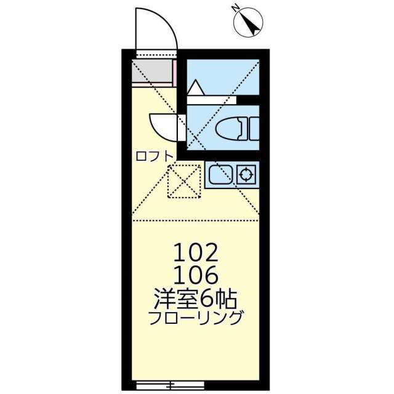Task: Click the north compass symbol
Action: [251, 23]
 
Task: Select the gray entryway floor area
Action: [152, 72]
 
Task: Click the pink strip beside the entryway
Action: [176, 72]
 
